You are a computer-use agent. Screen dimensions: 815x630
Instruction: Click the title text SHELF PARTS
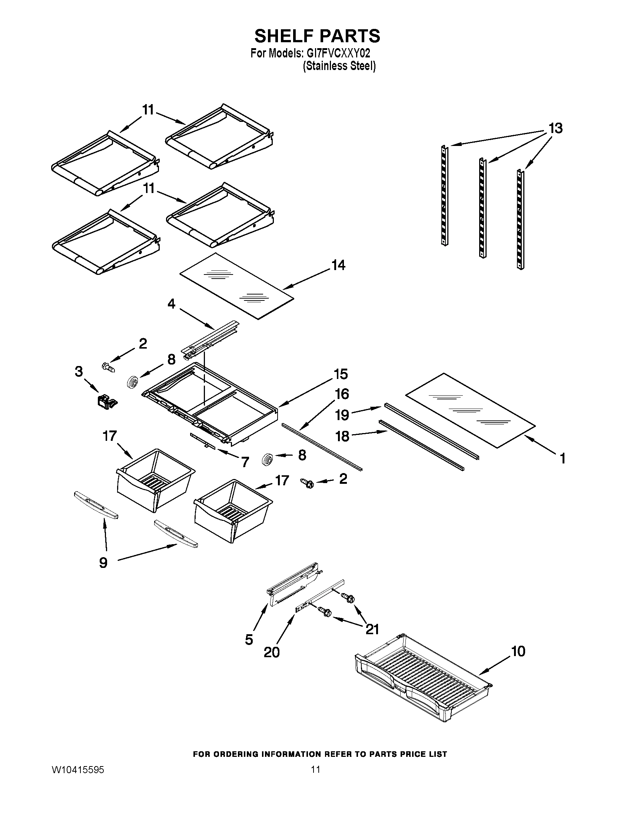point(317,36)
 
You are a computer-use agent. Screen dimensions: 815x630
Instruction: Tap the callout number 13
point(556,129)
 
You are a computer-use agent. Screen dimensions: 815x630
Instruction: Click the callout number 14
point(338,265)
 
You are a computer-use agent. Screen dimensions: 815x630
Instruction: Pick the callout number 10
point(518,651)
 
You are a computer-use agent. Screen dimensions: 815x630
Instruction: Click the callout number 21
point(372,629)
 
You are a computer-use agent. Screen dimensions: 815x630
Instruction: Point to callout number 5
point(249,640)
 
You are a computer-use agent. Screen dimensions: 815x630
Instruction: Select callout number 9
point(103,563)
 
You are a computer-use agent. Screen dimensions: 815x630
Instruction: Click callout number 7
point(245,462)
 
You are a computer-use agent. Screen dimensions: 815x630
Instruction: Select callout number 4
point(171,304)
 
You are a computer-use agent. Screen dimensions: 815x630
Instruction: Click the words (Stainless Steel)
point(339,66)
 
